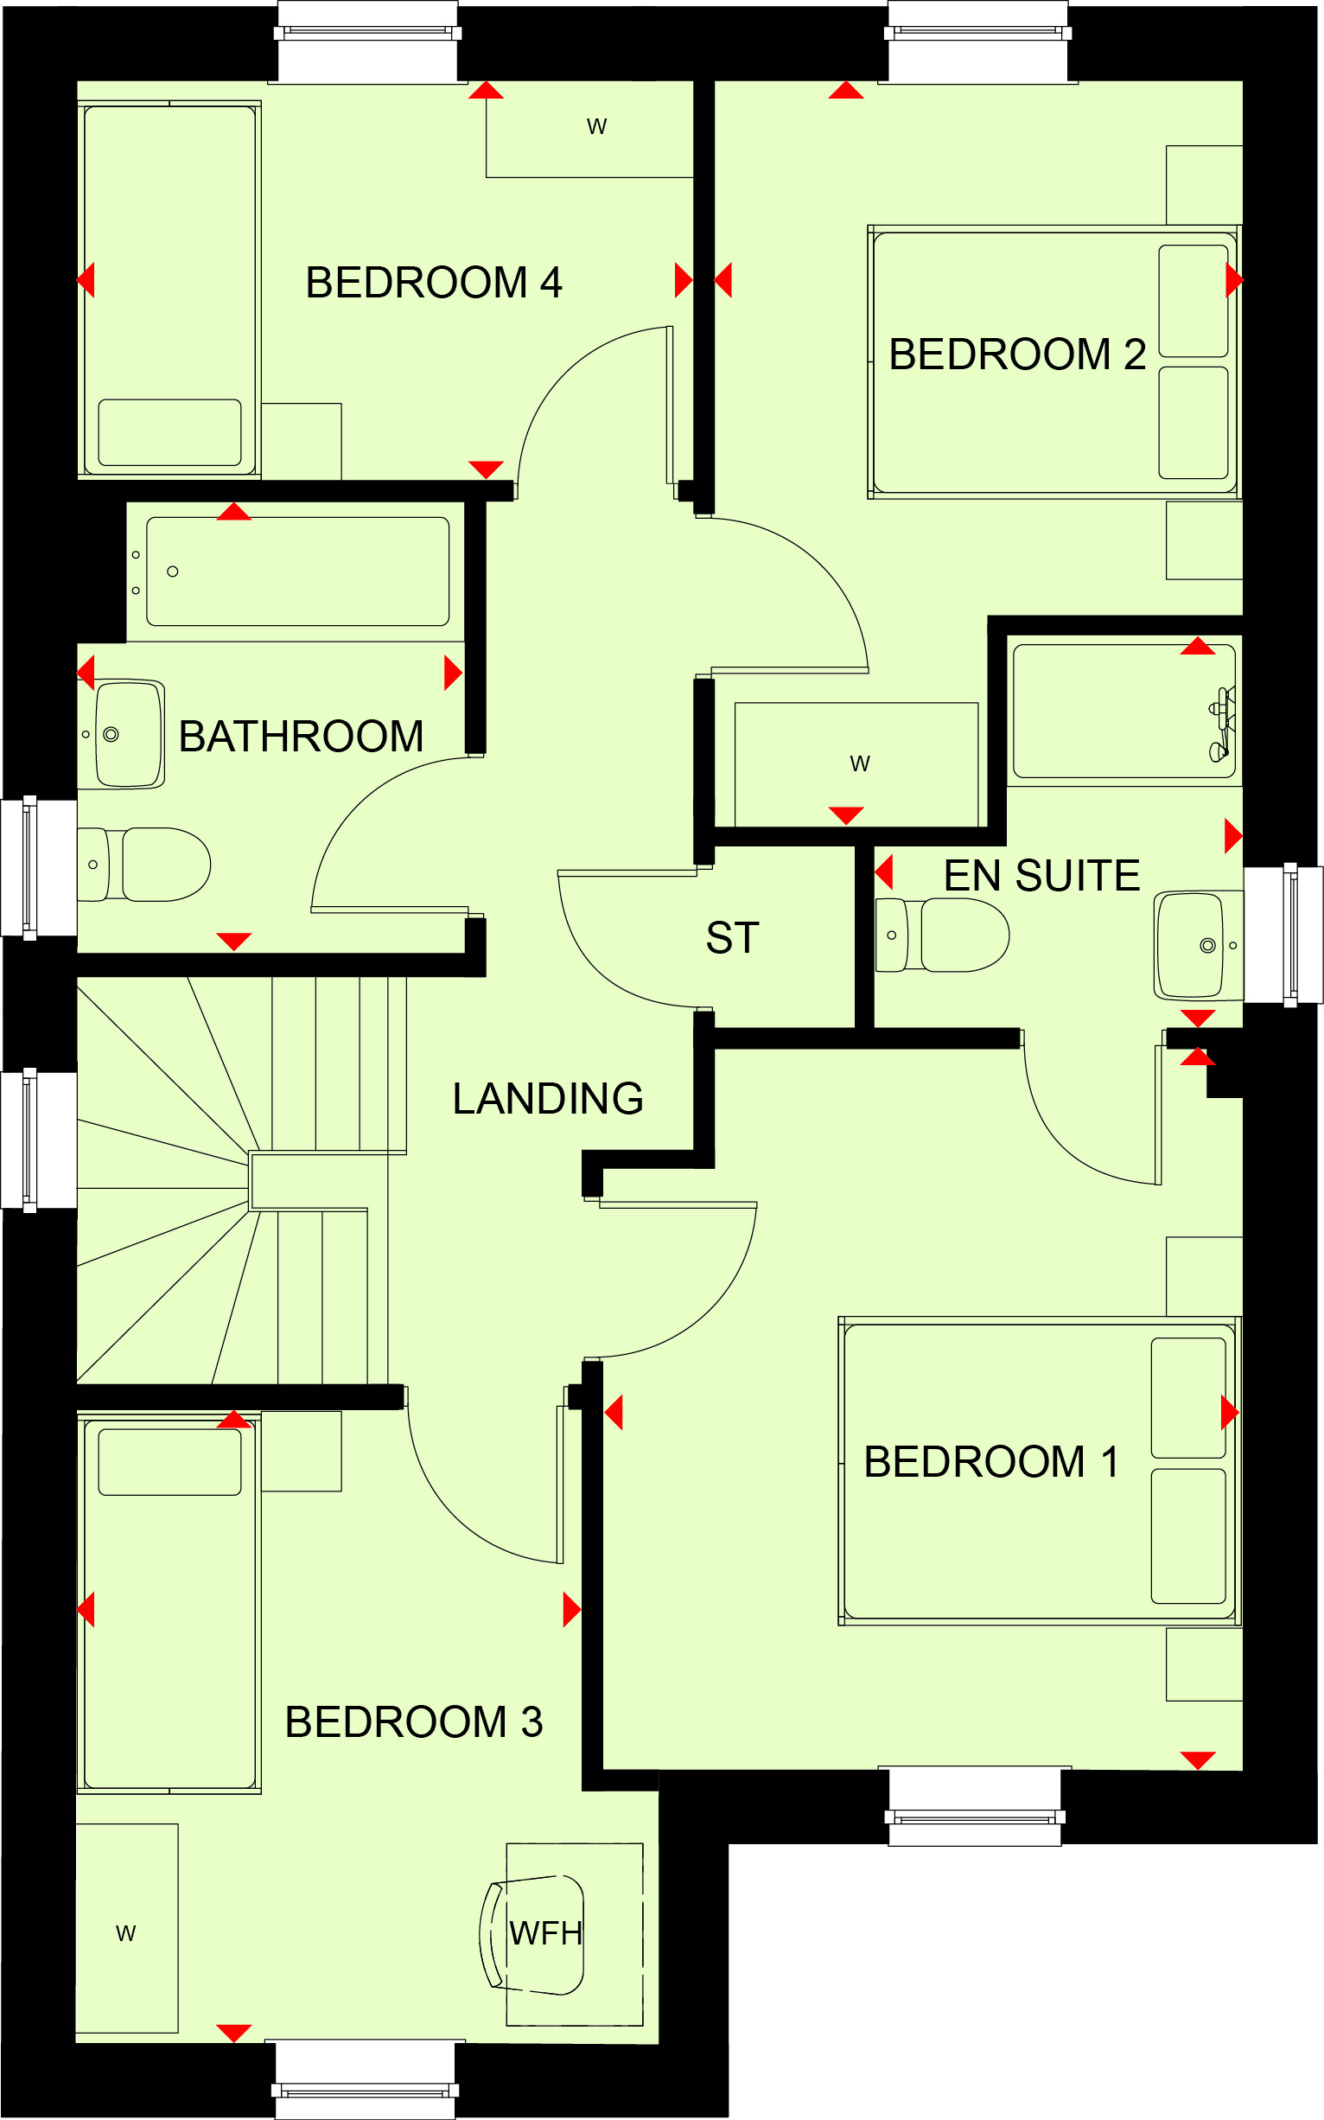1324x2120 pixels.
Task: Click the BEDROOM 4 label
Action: (434, 283)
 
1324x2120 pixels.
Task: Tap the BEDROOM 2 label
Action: (1017, 354)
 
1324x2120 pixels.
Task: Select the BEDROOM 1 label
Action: (992, 1462)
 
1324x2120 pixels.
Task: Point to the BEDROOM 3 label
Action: (414, 1722)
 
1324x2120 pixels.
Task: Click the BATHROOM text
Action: (302, 737)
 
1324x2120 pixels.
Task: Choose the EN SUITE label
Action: (1042, 876)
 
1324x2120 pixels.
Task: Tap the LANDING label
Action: (548, 1100)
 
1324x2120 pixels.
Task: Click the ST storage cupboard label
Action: (733, 939)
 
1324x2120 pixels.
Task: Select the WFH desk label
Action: (545, 1933)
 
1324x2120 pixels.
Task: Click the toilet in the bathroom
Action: (144, 865)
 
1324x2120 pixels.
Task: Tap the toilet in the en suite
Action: (943, 935)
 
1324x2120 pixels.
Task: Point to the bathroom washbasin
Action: (130, 734)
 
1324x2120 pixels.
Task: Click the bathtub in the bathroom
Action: (297, 572)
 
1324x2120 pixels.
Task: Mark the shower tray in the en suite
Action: (1124, 712)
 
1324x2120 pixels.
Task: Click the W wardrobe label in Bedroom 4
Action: (597, 128)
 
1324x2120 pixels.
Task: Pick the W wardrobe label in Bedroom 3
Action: (126, 1933)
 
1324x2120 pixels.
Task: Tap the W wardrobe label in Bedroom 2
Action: (860, 764)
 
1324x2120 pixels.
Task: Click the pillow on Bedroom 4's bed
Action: (170, 433)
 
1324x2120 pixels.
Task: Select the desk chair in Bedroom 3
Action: (532, 1936)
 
